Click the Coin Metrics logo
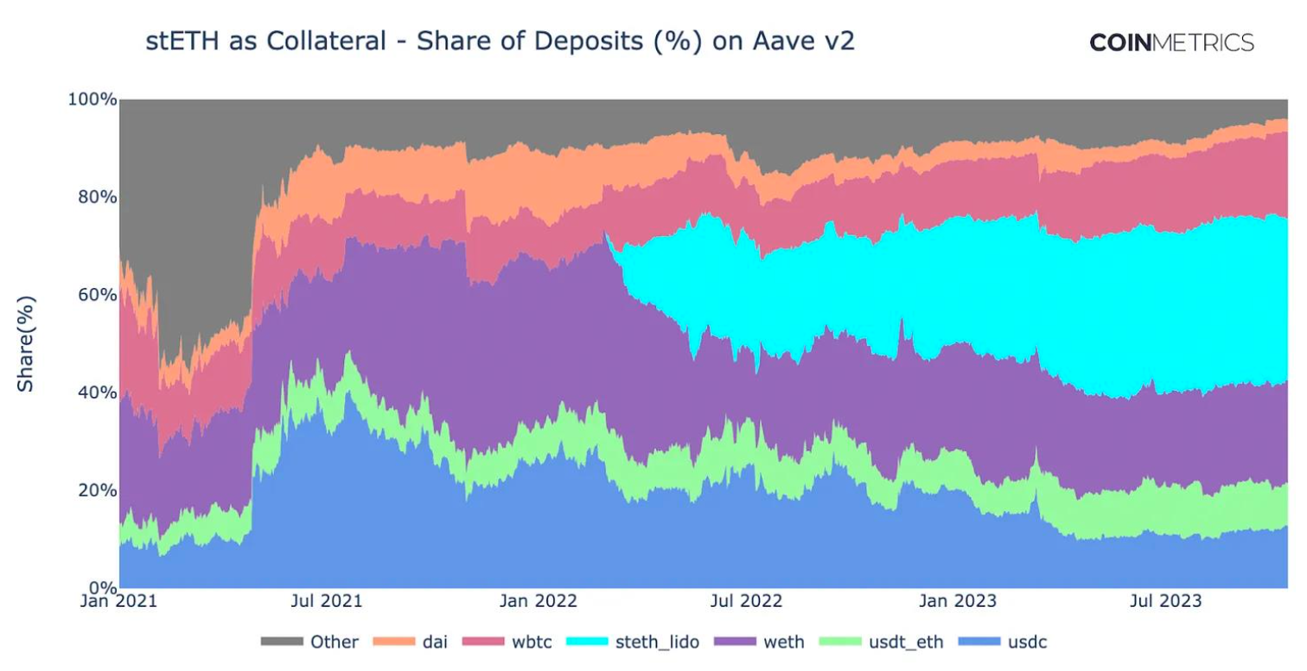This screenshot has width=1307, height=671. [x=1171, y=42]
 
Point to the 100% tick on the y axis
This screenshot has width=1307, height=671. [x=92, y=99]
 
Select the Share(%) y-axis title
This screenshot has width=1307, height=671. [x=26, y=344]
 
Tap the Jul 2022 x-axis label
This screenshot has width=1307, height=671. [x=746, y=601]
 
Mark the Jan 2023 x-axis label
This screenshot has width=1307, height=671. [x=958, y=601]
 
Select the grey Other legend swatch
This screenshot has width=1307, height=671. [x=282, y=642]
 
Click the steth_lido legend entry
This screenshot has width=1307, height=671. [x=633, y=642]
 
